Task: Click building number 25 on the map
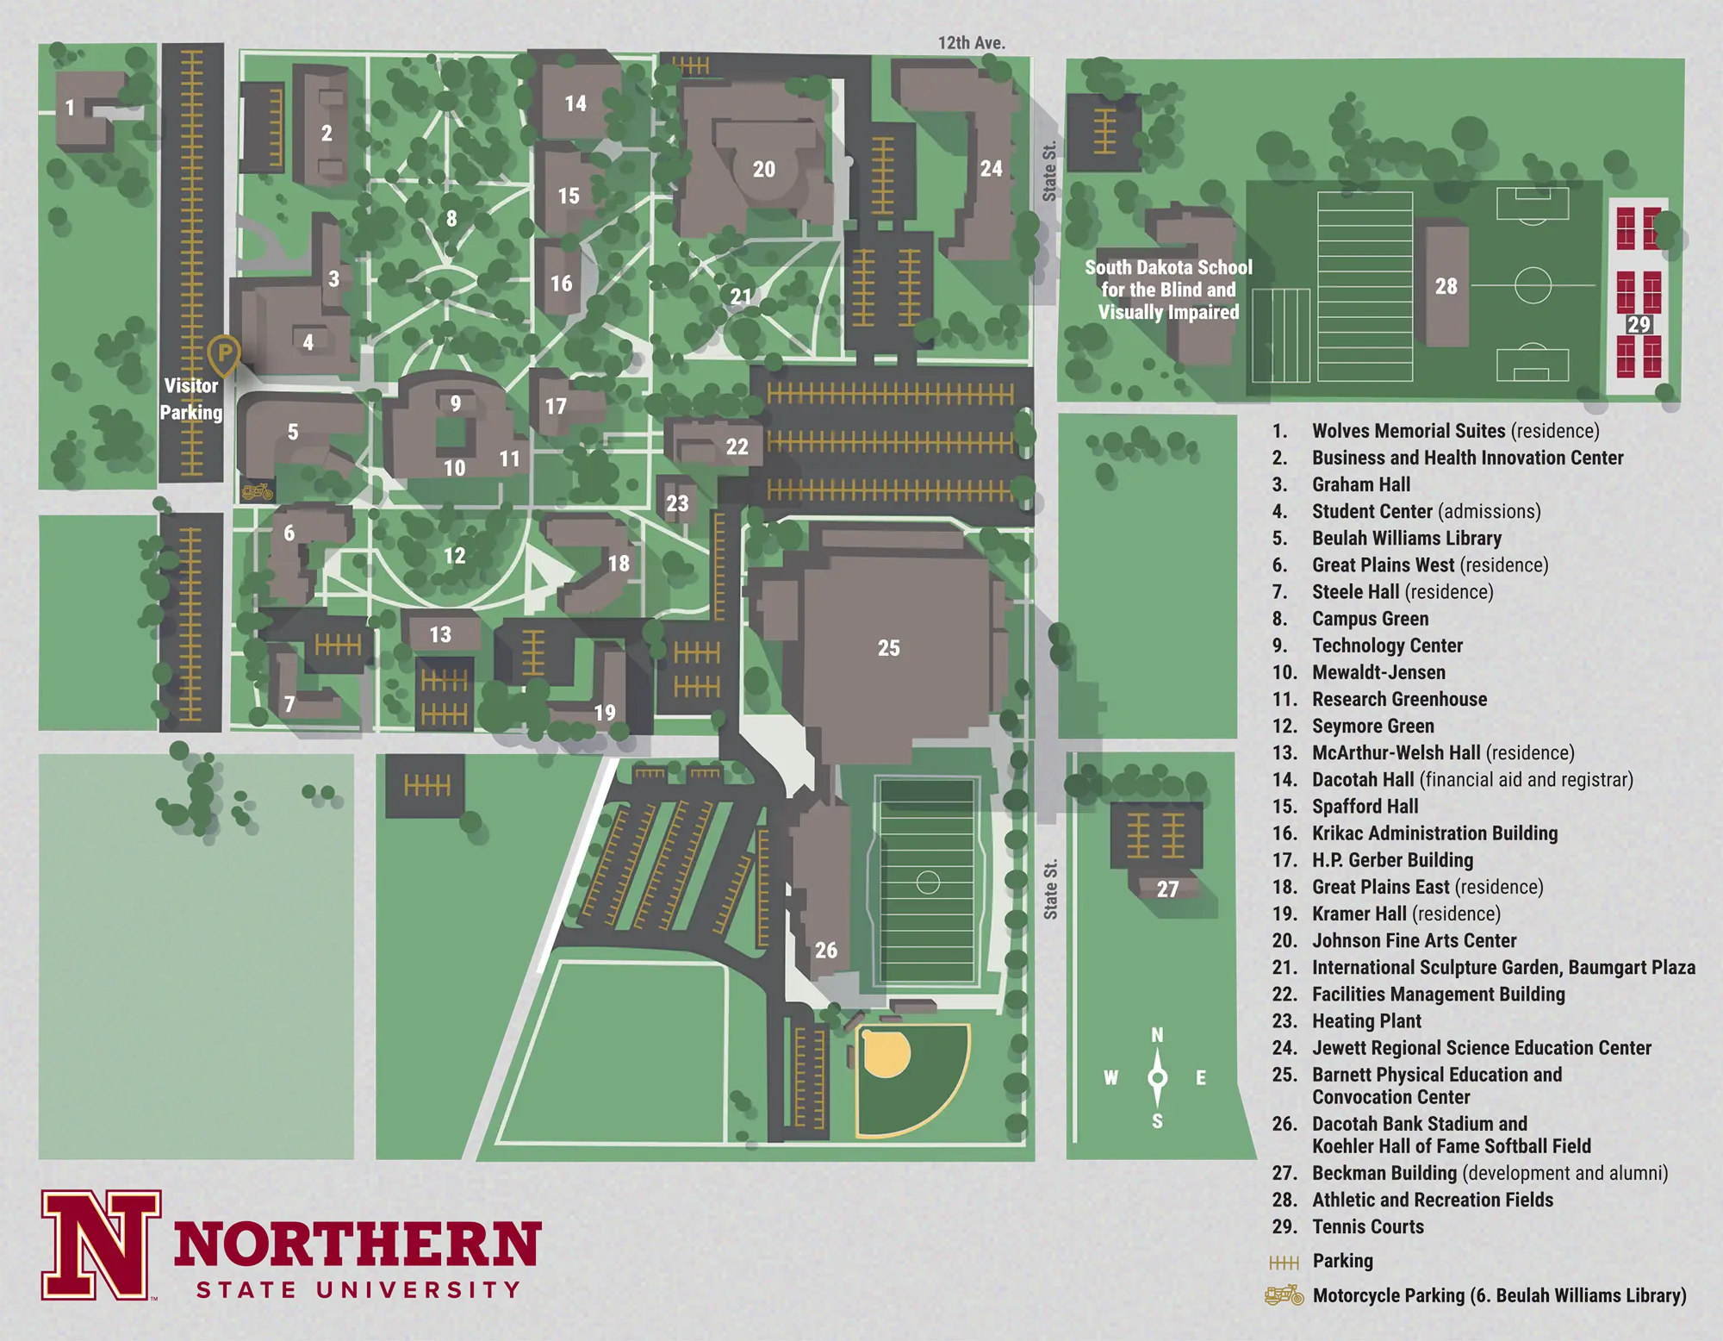pyautogui.click(x=888, y=648)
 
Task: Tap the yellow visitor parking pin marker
pyautogui.click(x=223, y=353)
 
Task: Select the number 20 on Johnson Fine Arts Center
pyautogui.click(x=764, y=170)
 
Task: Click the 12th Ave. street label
pyautogui.click(x=971, y=42)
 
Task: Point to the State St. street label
pyautogui.click(x=1050, y=889)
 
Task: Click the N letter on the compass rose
pyautogui.click(x=1157, y=1035)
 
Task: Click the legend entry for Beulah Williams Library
pyautogui.click(x=1406, y=539)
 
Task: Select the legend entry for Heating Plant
pyautogui.click(x=1365, y=1021)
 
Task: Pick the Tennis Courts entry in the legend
pyautogui.click(x=1367, y=1226)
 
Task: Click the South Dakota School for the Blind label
pyautogui.click(x=1168, y=290)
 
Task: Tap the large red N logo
pyautogui.click(x=102, y=1245)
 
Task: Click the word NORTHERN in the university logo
pyautogui.click(x=357, y=1244)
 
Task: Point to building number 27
pyautogui.click(x=1167, y=889)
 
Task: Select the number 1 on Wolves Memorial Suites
pyautogui.click(x=71, y=108)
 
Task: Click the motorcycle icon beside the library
pyautogui.click(x=257, y=492)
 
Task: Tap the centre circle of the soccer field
pyautogui.click(x=1533, y=285)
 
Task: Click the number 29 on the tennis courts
pyautogui.click(x=1639, y=325)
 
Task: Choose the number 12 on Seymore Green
pyautogui.click(x=454, y=556)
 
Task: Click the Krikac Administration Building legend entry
pyautogui.click(x=1434, y=833)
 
